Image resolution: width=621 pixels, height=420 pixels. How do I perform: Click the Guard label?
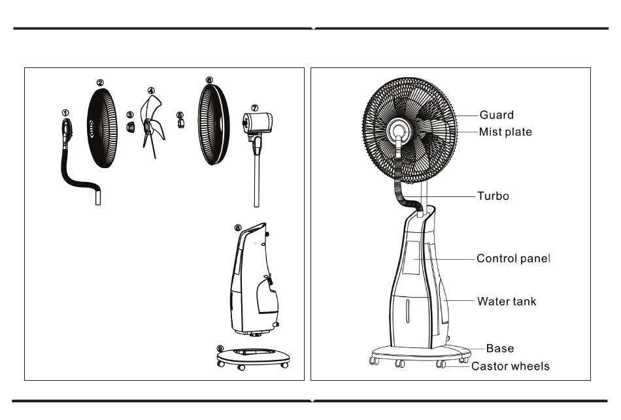pos(496,115)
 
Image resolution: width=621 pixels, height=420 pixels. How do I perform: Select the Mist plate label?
pos(505,131)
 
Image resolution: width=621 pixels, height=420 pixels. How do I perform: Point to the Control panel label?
pos(513,258)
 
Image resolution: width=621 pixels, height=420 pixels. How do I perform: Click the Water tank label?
pos(506,302)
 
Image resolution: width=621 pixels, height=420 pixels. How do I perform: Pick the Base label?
pos(499,349)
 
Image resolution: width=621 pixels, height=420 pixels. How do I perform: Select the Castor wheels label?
pos(510,366)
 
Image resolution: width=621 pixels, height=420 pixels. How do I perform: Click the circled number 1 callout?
pos(65,113)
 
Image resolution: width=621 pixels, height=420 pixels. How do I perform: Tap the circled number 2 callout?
pos(100,82)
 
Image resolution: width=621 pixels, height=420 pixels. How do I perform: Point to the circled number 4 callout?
pos(151,91)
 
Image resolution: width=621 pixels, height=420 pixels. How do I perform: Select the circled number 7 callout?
pos(255,107)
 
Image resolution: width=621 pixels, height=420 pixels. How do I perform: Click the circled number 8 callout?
pos(238,228)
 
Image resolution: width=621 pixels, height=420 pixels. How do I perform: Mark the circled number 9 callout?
pos(220,348)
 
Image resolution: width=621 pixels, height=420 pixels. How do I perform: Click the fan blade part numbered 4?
pos(151,124)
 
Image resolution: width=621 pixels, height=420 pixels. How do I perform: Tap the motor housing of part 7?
pos(260,122)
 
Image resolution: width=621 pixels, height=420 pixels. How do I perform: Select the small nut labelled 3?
pos(130,127)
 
